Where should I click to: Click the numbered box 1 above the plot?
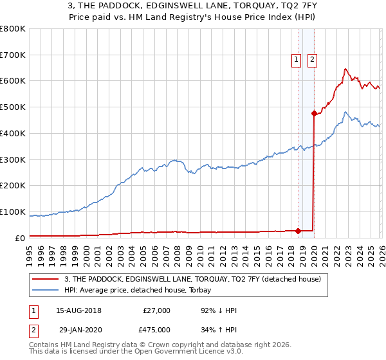pyautogui.click(x=297, y=60)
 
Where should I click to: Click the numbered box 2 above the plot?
pyautogui.click(x=312, y=60)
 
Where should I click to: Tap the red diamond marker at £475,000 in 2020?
pyautogui.click(x=314, y=114)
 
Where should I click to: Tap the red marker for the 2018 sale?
pyautogui.click(x=298, y=231)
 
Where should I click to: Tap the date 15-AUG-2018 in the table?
pyautogui.click(x=79, y=310)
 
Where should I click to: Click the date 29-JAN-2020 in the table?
pyautogui.click(x=79, y=330)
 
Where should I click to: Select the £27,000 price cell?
pyautogui.click(x=156, y=310)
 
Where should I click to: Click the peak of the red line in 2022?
pyautogui.click(x=345, y=69)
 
